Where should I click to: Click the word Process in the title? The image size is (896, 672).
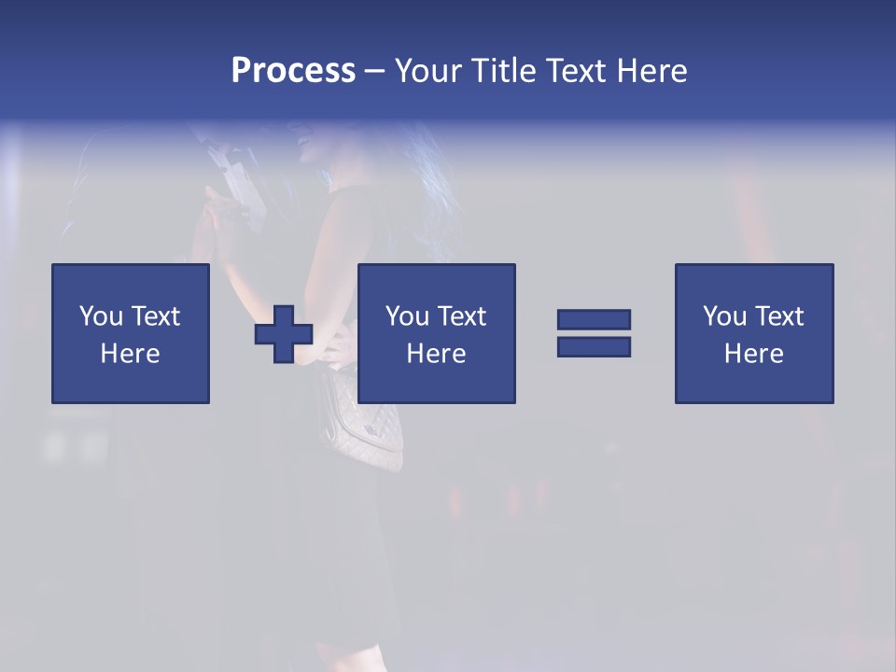click(x=293, y=71)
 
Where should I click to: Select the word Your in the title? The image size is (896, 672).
click(x=426, y=71)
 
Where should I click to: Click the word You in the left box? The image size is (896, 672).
click(x=101, y=316)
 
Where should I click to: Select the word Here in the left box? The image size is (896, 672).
click(x=130, y=354)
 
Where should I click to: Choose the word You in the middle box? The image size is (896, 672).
click(x=407, y=316)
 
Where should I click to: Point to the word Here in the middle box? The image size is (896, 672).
click(x=436, y=354)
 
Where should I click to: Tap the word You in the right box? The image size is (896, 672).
click(x=724, y=316)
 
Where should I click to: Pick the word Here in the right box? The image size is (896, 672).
click(x=753, y=354)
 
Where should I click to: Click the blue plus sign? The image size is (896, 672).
click(x=284, y=334)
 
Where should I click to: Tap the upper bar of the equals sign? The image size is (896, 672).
click(x=594, y=319)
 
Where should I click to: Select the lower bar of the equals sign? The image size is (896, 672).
click(x=594, y=346)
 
